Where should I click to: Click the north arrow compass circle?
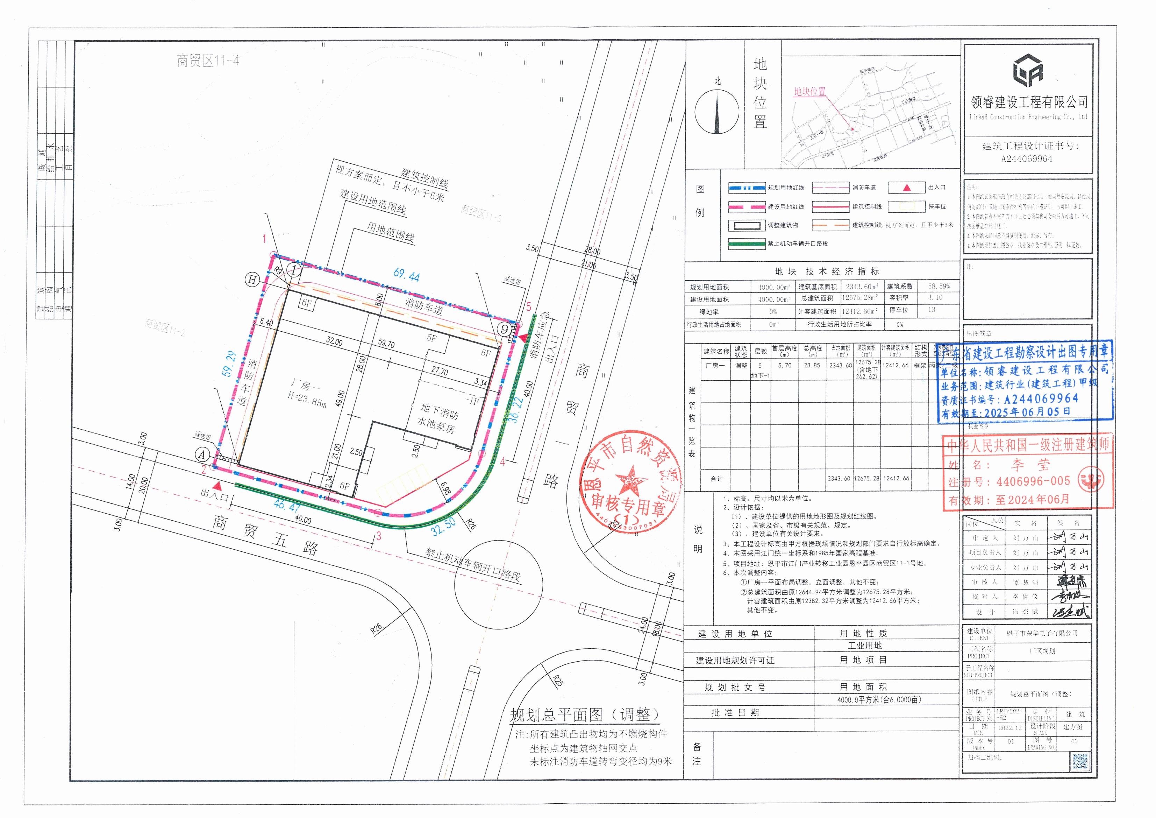(x=717, y=111)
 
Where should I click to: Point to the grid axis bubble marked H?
(x=252, y=279)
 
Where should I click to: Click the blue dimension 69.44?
(x=406, y=275)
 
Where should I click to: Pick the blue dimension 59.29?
(x=229, y=364)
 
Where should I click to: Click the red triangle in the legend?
(x=907, y=188)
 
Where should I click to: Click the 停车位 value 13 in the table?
(x=932, y=310)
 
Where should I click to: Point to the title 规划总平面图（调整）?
(x=584, y=714)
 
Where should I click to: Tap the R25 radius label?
(x=557, y=682)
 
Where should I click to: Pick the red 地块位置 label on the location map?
(x=809, y=92)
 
